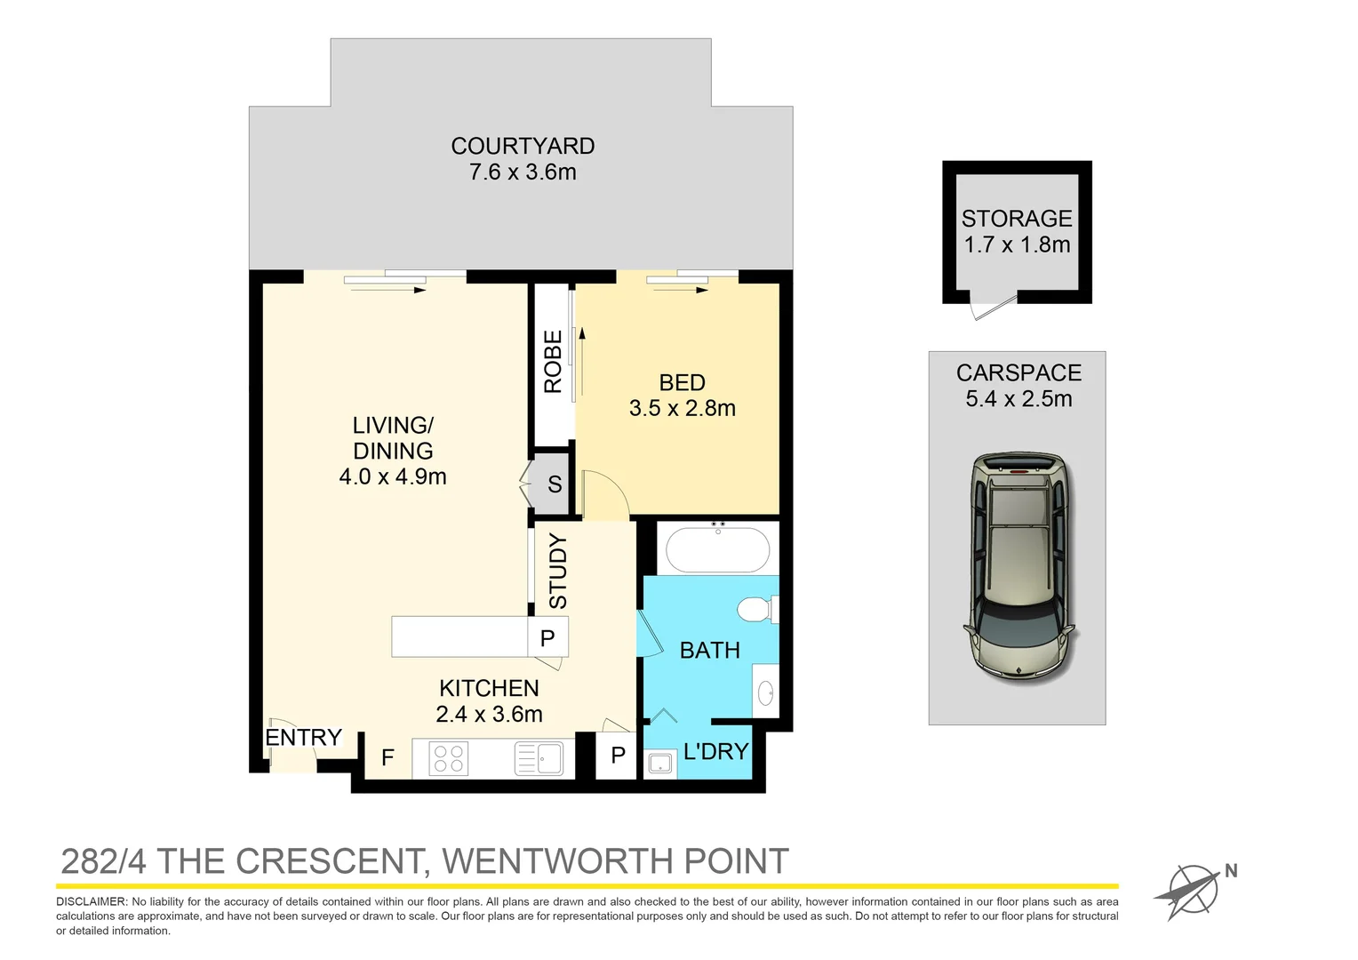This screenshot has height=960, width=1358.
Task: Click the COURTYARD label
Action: click(x=523, y=147)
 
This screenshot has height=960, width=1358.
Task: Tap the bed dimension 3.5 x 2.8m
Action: click(x=682, y=409)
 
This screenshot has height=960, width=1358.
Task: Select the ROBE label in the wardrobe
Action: click(x=553, y=362)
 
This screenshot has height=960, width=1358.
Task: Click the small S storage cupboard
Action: click(x=554, y=484)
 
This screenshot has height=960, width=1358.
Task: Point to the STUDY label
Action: click(x=558, y=571)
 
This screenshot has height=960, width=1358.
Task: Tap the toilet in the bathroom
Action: click(x=756, y=610)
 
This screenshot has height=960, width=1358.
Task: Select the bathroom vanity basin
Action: click(x=765, y=692)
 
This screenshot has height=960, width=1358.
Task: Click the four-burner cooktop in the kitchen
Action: click(x=449, y=758)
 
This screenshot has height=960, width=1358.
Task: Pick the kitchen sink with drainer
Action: click(x=539, y=758)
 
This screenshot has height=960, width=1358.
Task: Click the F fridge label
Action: click(x=387, y=757)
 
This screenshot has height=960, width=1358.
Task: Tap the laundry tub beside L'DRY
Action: click(x=659, y=763)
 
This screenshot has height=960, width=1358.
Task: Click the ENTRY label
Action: click(x=303, y=738)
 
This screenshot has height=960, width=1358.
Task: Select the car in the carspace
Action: click(x=1018, y=566)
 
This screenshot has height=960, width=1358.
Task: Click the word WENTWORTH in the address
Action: click(x=557, y=861)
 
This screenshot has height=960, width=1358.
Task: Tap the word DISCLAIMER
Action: click(x=92, y=902)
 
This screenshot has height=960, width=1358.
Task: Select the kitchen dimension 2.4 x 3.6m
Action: click(x=489, y=715)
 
